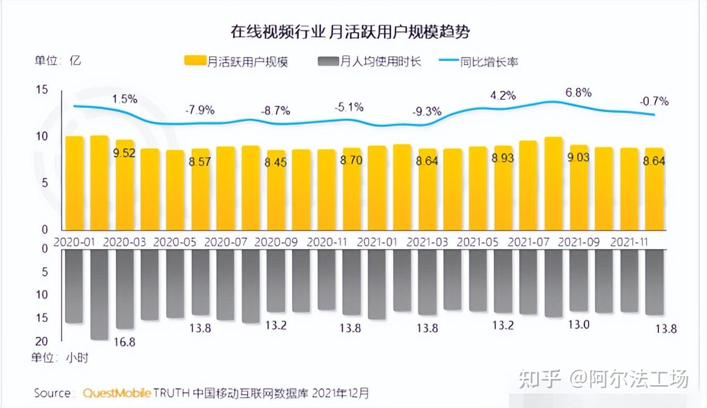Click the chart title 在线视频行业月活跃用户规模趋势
coord(350,32)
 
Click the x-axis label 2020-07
coord(226,242)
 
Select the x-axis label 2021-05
coord(478,242)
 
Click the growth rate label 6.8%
coord(578,93)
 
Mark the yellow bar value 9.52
coord(125,154)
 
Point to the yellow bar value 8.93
coord(503,158)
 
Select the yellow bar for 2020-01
coord(75,183)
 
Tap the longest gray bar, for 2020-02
coord(100,295)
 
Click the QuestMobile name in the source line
coord(117,393)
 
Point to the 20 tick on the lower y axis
coord(41,341)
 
